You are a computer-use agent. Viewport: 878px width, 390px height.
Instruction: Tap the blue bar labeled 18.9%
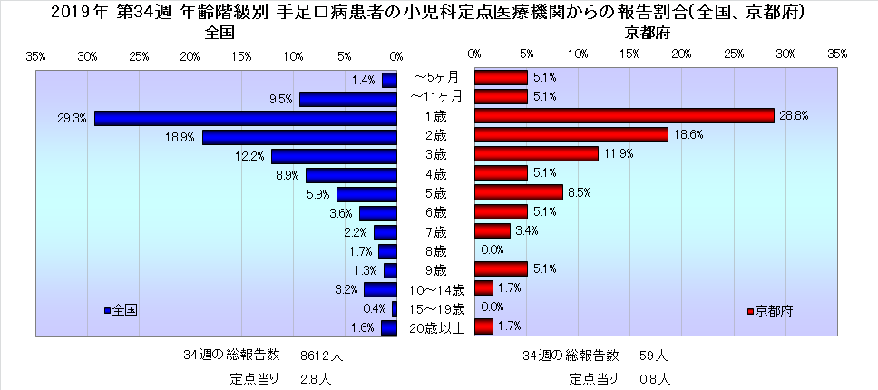299,137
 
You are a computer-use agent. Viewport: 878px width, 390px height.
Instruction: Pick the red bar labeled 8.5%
518,192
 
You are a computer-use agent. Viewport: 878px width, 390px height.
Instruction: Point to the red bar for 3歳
535,154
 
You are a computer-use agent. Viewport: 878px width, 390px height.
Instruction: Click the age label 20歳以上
435,327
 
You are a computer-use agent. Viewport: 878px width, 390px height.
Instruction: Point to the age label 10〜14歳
435,289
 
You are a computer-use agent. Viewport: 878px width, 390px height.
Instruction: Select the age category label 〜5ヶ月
435,77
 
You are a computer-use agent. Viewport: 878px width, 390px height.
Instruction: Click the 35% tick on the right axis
836,55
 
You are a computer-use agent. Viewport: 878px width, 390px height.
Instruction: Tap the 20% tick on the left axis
190,55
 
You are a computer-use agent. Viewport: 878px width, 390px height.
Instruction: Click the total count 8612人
321,355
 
